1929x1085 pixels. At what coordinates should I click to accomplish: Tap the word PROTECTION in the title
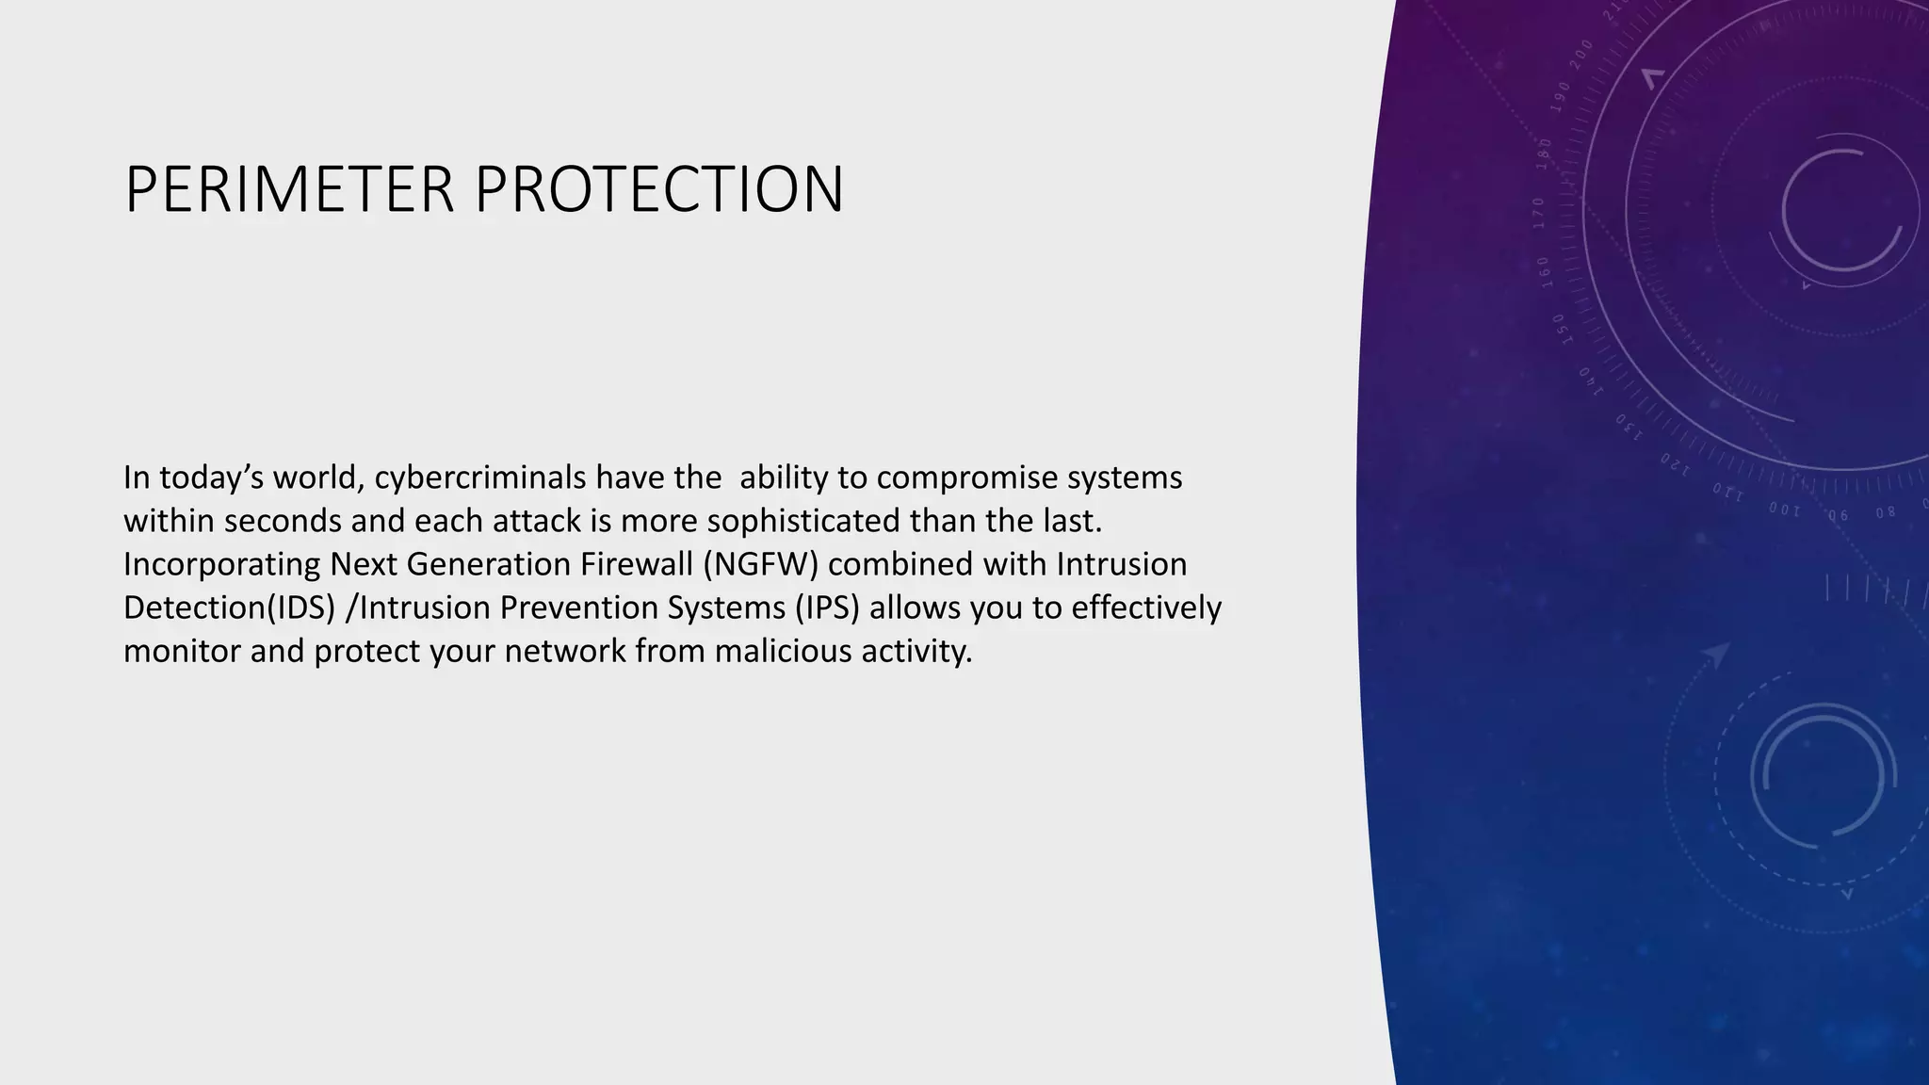click(x=658, y=190)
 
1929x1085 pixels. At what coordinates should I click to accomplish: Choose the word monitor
click(x=182, y=652)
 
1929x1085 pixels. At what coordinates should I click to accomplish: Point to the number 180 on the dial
click(x=1545, y=154)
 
